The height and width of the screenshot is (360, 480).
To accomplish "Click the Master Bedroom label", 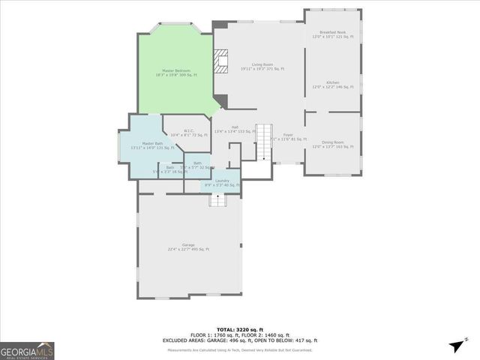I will pos(175,73).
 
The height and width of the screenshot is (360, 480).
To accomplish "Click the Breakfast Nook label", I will pos(332,34).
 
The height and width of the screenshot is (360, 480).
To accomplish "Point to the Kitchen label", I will pos(332,85).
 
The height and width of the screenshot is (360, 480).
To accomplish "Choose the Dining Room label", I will pos(332,144).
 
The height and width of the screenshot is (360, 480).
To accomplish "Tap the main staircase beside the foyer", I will pos(263,142).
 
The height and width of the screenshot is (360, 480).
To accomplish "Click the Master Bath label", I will pos(153,145).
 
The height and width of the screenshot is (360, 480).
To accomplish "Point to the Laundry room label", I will pos(222,182).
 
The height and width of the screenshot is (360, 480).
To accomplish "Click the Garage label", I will pos(188,247).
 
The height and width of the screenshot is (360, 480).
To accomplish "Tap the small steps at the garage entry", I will pos(217,199).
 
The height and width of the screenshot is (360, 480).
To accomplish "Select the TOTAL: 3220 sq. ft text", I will pos(240,329).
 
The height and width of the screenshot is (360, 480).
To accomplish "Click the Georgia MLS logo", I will pos(27,351).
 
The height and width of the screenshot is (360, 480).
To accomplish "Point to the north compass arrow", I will pos(456,345).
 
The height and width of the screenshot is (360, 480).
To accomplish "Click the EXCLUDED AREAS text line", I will pos(240,340).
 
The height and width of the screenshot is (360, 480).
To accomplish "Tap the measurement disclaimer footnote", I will pos(240,349).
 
